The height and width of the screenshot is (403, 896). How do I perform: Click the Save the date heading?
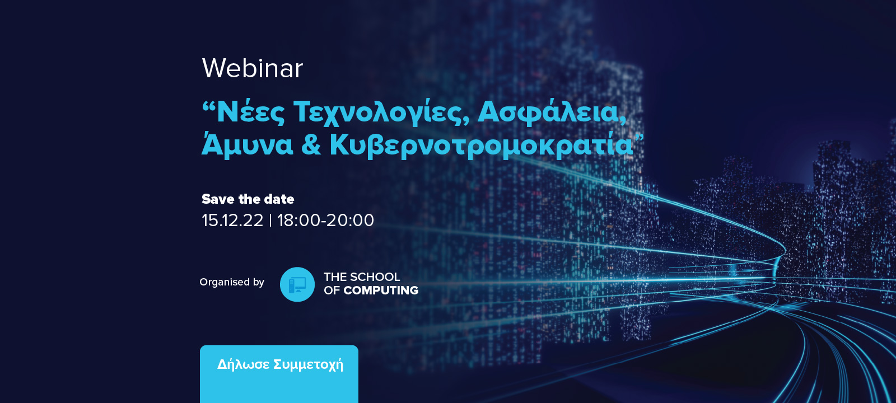(248, 199)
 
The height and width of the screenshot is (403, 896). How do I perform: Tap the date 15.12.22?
(232, 221)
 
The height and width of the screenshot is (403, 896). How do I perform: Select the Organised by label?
(232, 282)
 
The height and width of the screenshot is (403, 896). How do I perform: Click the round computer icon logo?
(297, 284)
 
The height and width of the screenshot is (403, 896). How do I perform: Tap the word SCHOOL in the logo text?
(375, 277)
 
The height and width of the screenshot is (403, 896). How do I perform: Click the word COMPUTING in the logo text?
(381, 290)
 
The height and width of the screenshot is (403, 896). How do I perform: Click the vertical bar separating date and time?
(270, 221)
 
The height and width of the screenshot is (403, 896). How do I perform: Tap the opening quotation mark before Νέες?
(208, 106)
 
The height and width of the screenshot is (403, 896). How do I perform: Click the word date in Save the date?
(279, 199)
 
